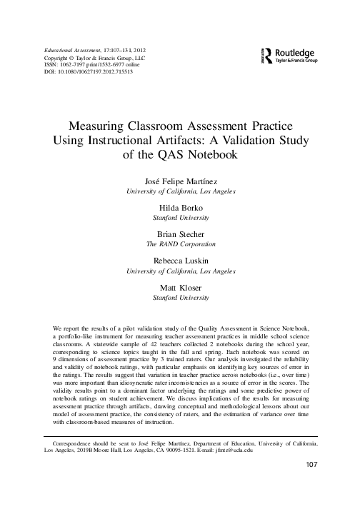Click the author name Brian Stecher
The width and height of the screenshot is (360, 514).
point(179,233)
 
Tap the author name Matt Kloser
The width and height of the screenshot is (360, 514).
point(179,286)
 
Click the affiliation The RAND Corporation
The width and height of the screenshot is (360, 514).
point(179,243)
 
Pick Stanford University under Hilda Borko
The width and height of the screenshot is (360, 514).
point(179,214)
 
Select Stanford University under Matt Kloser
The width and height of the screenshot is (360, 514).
point(179,296)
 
